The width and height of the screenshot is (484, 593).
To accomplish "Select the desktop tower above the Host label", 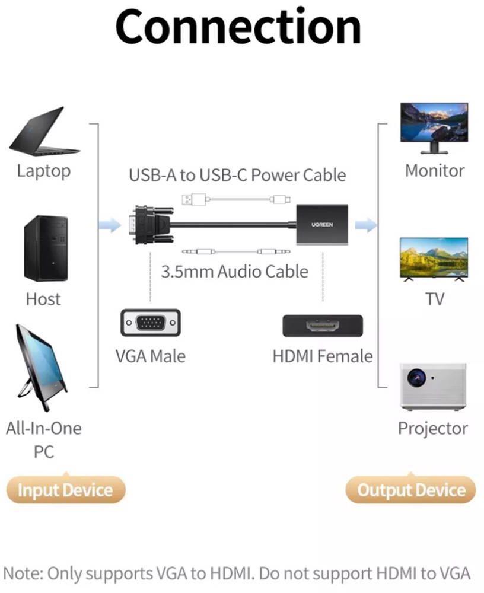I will tap(45, 248).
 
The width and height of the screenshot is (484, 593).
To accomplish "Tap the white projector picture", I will tap(432, 385).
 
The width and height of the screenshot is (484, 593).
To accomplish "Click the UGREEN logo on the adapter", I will tap(323, 225).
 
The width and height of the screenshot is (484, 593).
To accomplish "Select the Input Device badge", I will tap(65, 490).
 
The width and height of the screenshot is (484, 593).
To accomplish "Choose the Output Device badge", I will tap(411, 490).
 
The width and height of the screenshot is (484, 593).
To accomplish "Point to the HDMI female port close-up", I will tap(322, 326).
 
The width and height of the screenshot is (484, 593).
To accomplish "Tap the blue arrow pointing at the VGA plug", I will tap(110, 225).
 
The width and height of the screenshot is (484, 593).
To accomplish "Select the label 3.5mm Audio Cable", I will tap(235, 272).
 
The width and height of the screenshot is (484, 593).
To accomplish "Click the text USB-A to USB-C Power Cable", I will tap(237, 175).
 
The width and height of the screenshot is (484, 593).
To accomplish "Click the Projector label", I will tap(432, 428).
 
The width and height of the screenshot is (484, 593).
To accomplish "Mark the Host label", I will tap(43, 298).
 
